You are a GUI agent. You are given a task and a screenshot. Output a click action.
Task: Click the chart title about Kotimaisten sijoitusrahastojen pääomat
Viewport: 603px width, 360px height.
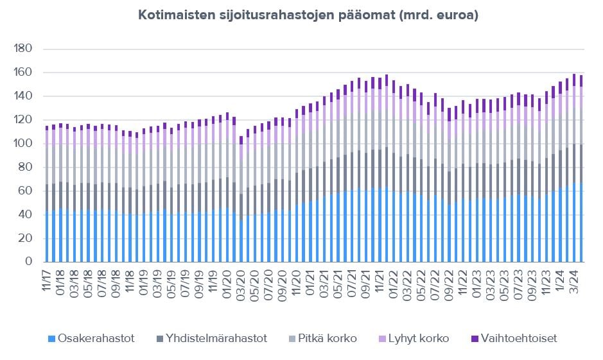point(308,16)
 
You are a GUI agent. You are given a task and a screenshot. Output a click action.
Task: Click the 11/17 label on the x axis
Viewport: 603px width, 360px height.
point(47,281)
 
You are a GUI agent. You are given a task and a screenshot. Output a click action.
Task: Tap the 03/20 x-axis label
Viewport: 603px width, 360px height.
point(241,281)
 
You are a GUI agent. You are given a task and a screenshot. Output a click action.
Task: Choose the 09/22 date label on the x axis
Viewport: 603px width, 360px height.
point(450,281)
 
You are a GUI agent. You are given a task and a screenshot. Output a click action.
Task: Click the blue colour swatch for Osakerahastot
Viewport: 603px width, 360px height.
point(51,338)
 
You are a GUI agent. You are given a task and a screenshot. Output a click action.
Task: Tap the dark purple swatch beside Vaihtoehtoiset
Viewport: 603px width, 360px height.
point(475,338)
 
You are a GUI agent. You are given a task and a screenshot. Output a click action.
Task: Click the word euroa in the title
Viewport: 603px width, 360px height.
point(457,16)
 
